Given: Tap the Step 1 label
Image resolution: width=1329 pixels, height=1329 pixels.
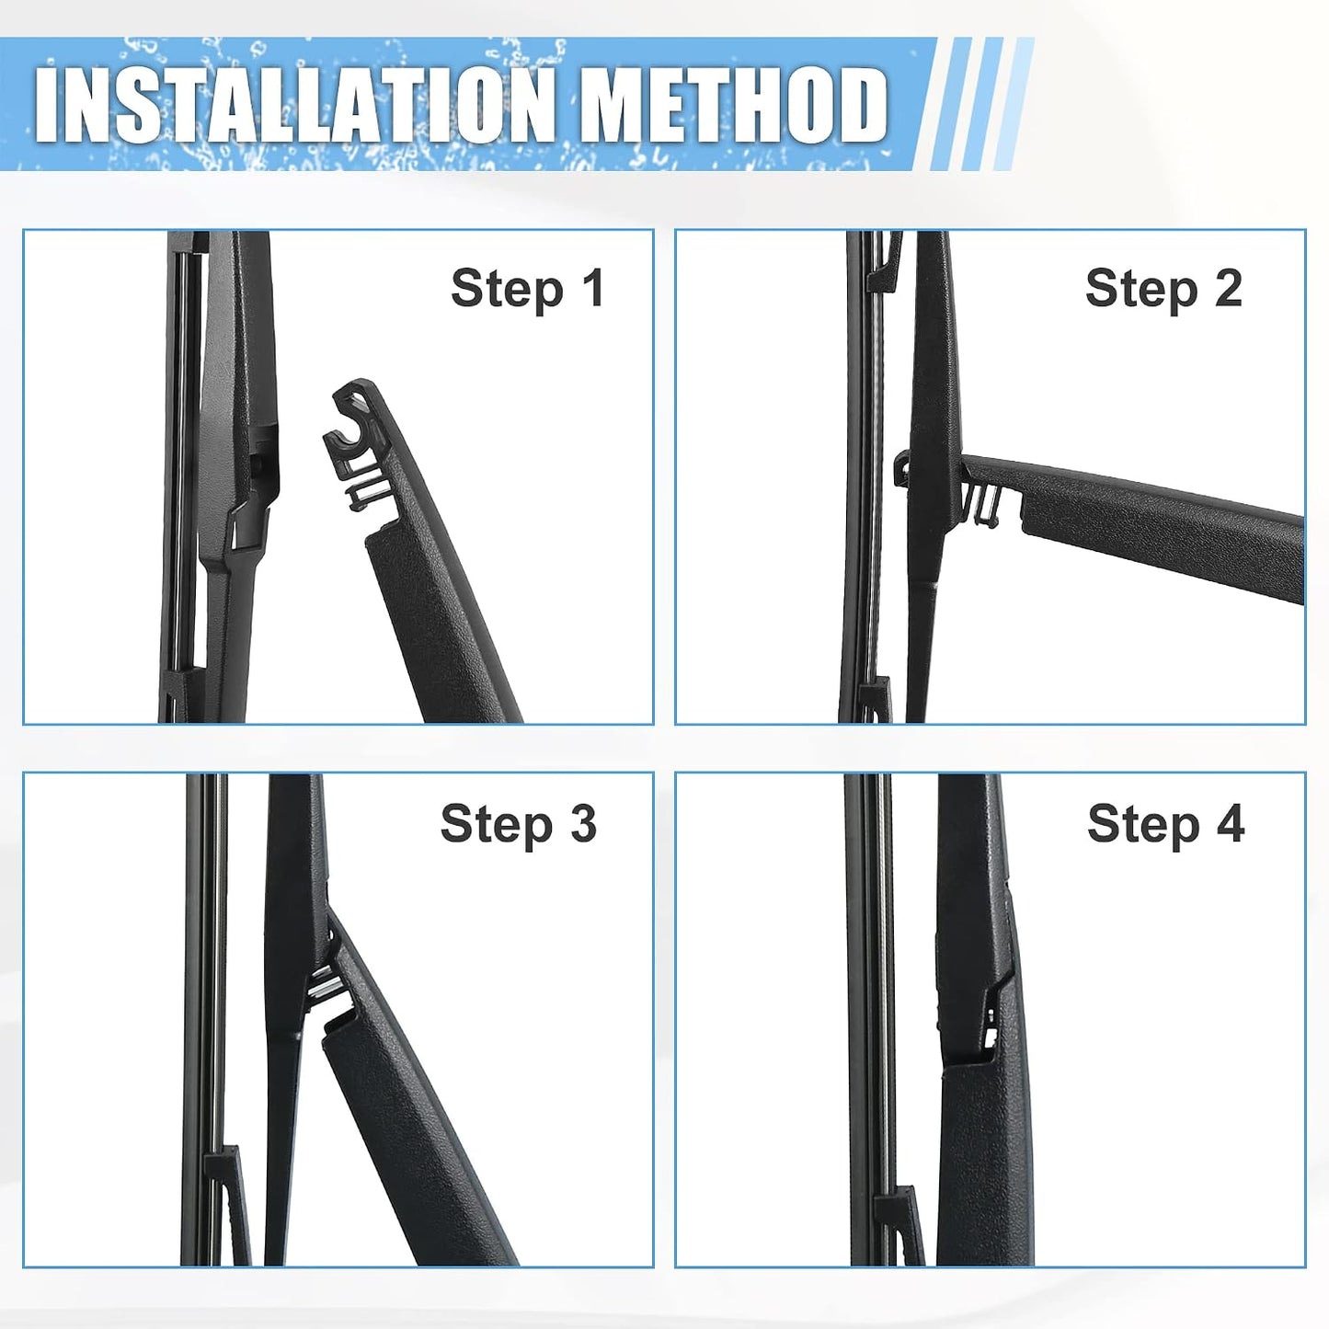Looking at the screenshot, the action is click(x=528, y=290).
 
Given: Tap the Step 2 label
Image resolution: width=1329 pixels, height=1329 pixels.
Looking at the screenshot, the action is click(x=1163, y=290).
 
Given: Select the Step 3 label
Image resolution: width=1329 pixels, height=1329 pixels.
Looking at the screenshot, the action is click(x=519, y=824).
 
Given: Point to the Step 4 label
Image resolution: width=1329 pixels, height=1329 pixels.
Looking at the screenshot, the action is click(x=1166, y=824).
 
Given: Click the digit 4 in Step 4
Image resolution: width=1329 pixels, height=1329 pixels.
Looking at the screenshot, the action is click(x=1230, y=822).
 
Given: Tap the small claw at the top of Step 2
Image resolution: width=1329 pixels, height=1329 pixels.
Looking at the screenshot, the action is click(x=885, y=262).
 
